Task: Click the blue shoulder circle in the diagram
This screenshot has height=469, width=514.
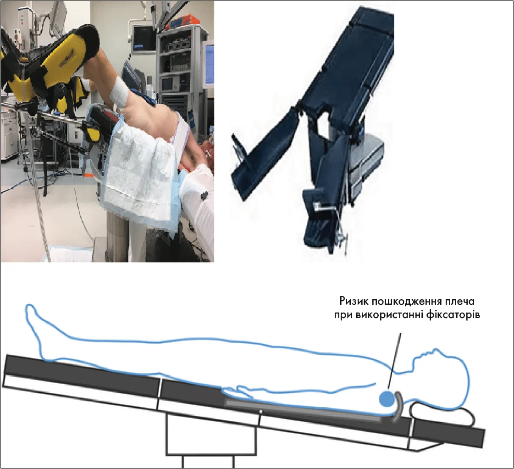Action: pyautogui.click(x=387, y=398)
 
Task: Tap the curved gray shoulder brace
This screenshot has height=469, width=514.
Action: pyautogui.click(x=398, y=406)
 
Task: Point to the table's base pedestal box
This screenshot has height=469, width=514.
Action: pyautogui.click(x=211, y=434)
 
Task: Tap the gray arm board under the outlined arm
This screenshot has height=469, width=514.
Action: pyautogui.click(x=303, y=410)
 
